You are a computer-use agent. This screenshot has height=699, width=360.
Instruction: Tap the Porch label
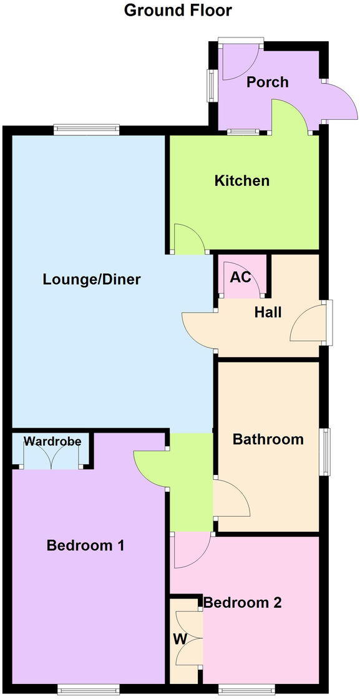tap(267, 82)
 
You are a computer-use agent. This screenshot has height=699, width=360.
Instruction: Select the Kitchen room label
tap(242, 181)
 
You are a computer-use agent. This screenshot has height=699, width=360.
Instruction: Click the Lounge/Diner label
tap(92, 279)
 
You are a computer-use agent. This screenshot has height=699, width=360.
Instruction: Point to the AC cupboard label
tap(241, 276)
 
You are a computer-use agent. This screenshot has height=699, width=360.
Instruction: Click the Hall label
tap(268, 312)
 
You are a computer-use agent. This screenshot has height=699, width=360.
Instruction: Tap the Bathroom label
tap(268, 439)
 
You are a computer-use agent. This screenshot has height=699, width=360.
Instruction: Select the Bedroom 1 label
tap(85, 545)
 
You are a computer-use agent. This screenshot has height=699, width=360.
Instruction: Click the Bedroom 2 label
tap(243, 603)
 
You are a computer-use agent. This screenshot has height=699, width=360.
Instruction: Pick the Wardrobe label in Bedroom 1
tap(52, 442)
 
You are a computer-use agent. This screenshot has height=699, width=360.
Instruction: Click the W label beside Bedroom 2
tap(180, 640)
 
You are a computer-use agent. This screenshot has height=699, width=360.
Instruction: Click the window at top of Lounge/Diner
tap(85, 129)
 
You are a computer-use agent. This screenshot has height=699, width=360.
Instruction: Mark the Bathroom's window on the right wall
tap(326, 451)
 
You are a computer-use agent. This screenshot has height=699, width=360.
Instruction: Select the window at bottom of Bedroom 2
tap(246, 689)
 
